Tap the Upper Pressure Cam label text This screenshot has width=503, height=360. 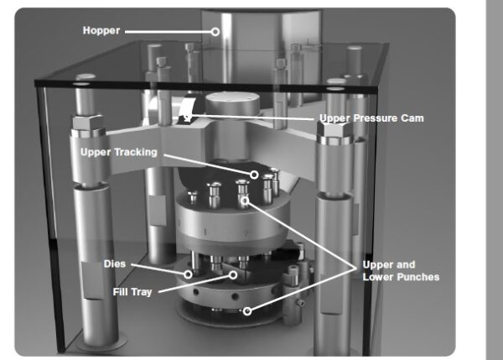click(371, 118)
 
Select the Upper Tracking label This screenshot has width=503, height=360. click(117, 152)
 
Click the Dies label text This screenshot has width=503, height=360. click(115, 264)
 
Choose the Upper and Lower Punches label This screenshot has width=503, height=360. click(400, 271)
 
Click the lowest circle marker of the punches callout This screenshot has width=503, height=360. click(247, 310)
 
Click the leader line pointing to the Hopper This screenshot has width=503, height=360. click(168, 33)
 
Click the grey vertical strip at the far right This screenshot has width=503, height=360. click(495, 180)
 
